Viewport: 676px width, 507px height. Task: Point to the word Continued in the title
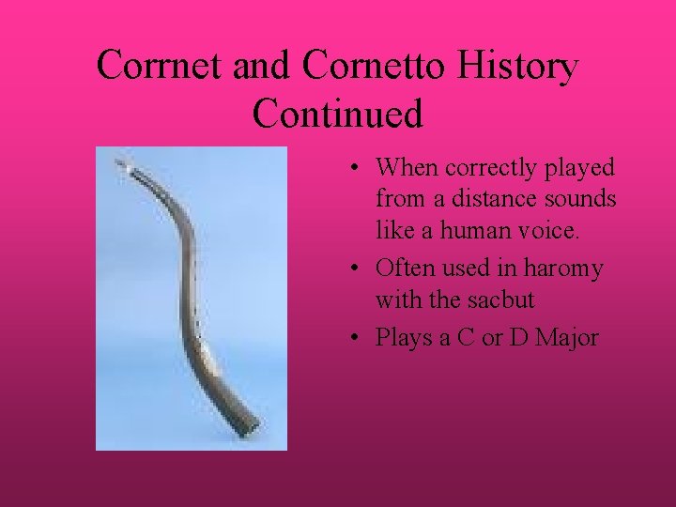338,114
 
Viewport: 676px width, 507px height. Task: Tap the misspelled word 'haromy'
563,269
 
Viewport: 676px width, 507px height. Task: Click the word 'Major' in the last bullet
567,338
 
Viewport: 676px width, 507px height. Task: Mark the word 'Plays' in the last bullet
401,338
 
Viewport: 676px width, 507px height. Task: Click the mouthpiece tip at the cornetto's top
119,163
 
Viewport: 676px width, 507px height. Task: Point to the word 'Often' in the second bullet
405,269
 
